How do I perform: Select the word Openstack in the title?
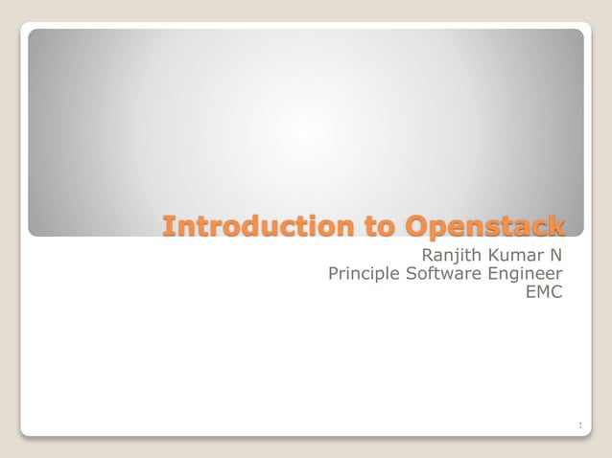[x=484, y=226]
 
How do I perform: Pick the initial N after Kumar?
[x=556, y=255]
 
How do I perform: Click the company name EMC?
[x=544, y=292]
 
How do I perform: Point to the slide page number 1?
[x=580, y=424]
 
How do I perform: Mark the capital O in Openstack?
[x=415, y=226]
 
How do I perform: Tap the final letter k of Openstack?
[x=556, y=226]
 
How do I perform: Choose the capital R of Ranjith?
[x=429, y=255]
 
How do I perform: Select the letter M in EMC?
[x=543, y=292]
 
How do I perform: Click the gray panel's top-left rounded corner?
[x=32, y=33]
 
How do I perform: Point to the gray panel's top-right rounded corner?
[x=579, y=33]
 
